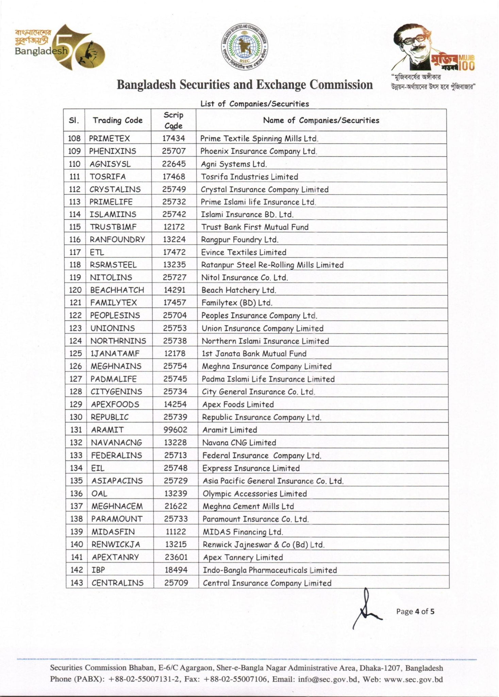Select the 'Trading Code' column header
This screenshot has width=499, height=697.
(x=118, y=120)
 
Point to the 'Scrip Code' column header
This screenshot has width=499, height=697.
(x=173, y=120)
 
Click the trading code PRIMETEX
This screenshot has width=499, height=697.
(x=110, y=139)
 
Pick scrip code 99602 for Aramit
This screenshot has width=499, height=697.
(x=175, y=430)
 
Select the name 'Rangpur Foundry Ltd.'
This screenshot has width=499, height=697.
(x=240, y=240)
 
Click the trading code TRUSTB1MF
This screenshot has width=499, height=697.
(x=113, y=227)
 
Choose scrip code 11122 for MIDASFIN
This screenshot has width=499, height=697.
(x=176, y=532)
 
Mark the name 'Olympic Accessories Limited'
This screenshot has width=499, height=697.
(x=255, y=493)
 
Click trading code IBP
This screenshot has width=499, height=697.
(x=98, y=570)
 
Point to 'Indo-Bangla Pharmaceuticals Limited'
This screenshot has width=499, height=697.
(x=270, y=570)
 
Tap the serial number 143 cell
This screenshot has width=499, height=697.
(x=77, y=583)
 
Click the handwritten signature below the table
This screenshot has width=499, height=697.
(x=366, y=609)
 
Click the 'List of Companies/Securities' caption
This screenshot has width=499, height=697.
(x=254, y=104)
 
